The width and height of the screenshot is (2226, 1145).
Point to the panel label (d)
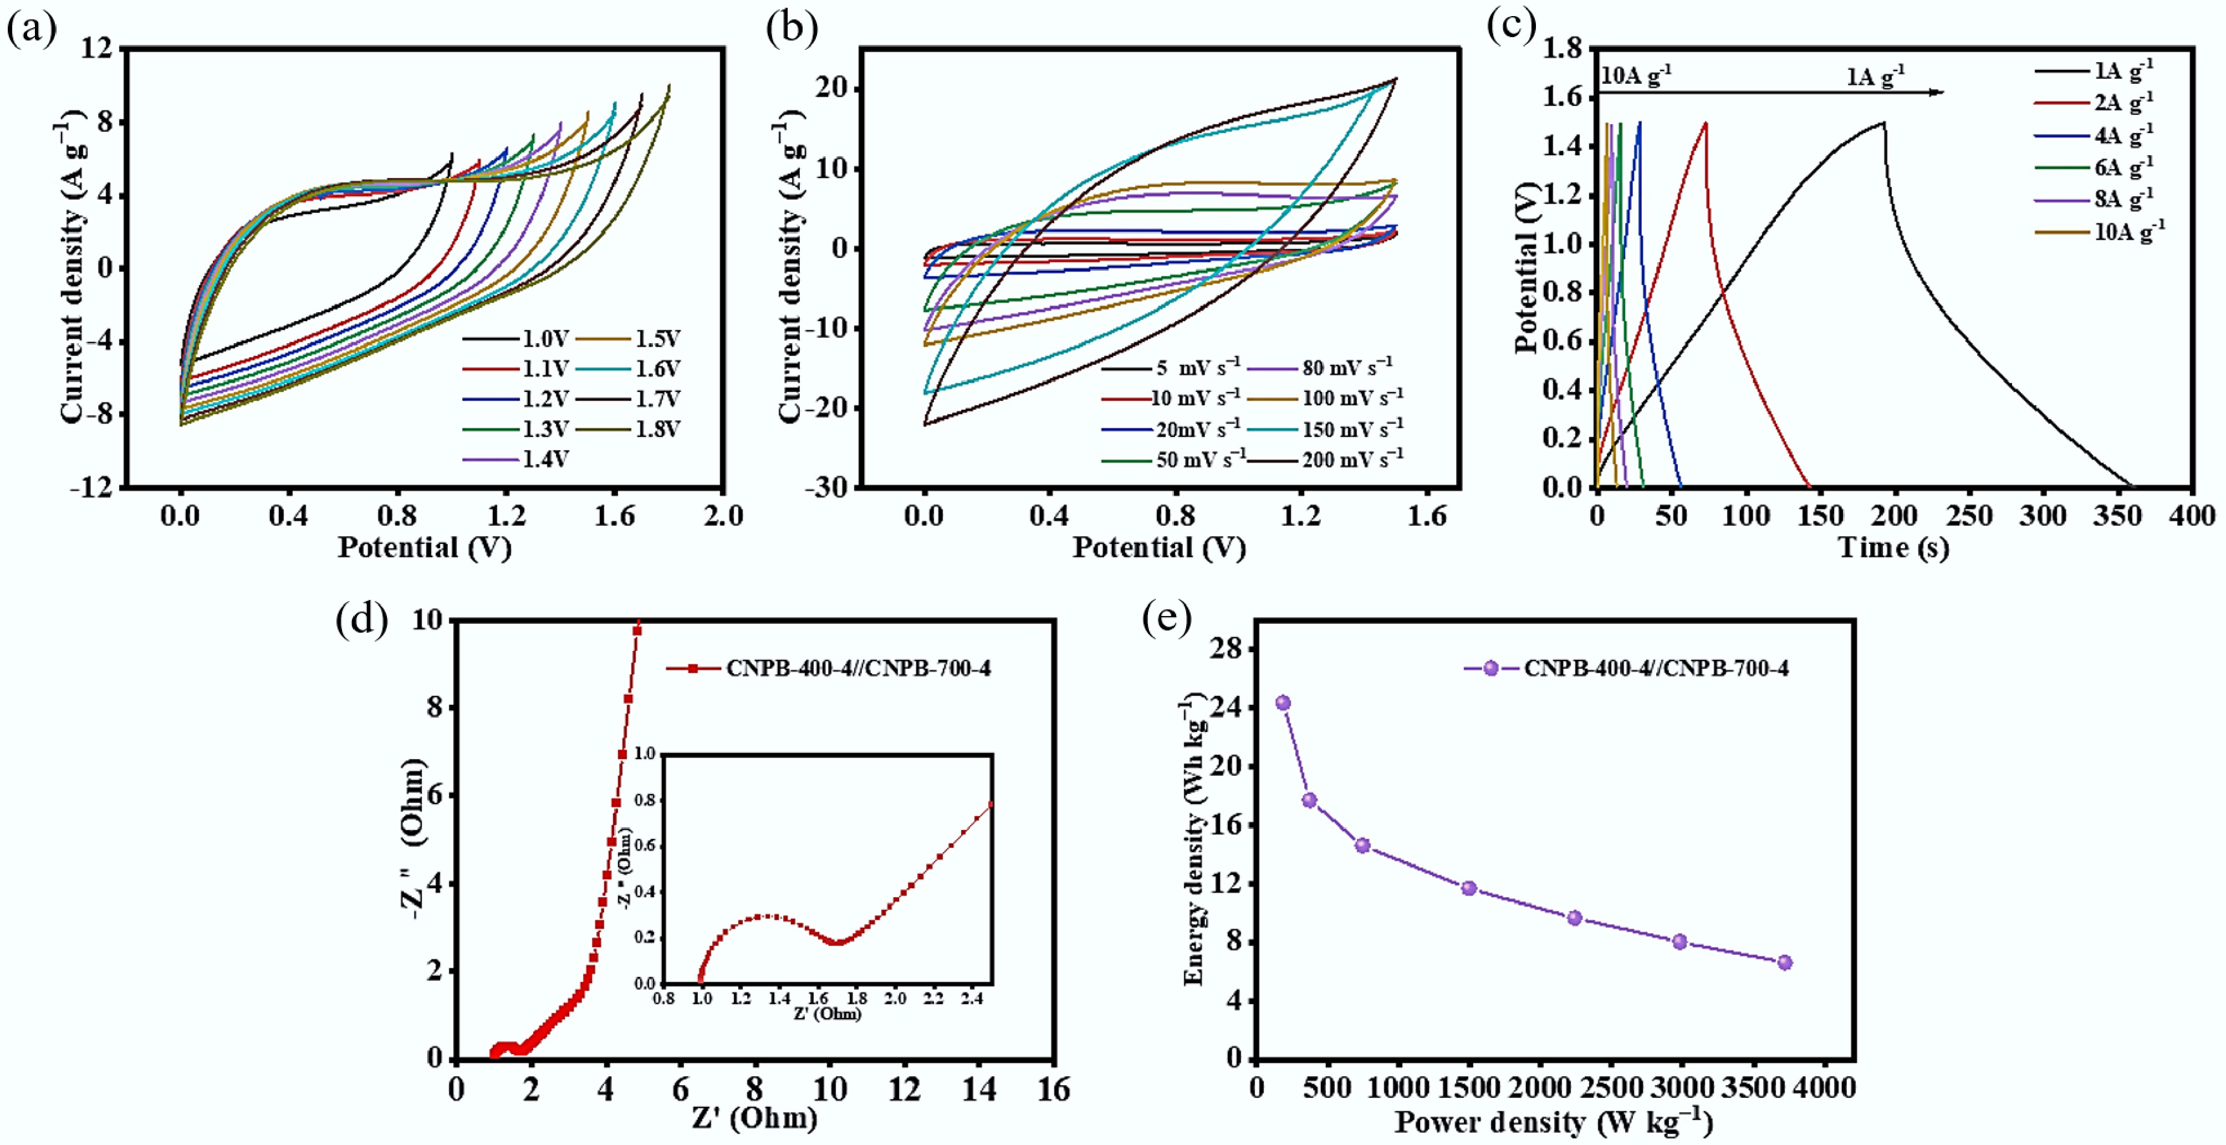point(361,619)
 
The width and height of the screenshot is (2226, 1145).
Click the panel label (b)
point(790,28)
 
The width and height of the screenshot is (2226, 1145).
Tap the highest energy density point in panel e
point(1283,703)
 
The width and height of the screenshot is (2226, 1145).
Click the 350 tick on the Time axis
point(2117,517)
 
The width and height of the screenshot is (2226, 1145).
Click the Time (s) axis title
point(1892,548)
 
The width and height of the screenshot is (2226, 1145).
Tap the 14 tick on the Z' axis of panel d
point(979,1089)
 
